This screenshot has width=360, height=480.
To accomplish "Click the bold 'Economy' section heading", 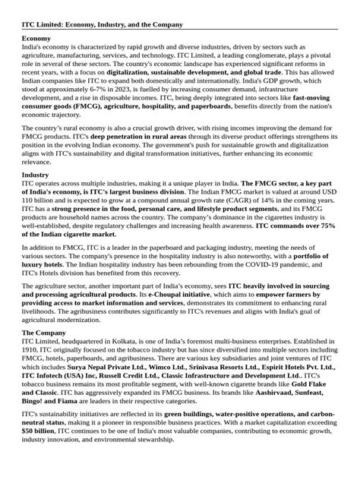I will point(36,37).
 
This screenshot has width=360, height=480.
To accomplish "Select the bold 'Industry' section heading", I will point(36,196).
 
